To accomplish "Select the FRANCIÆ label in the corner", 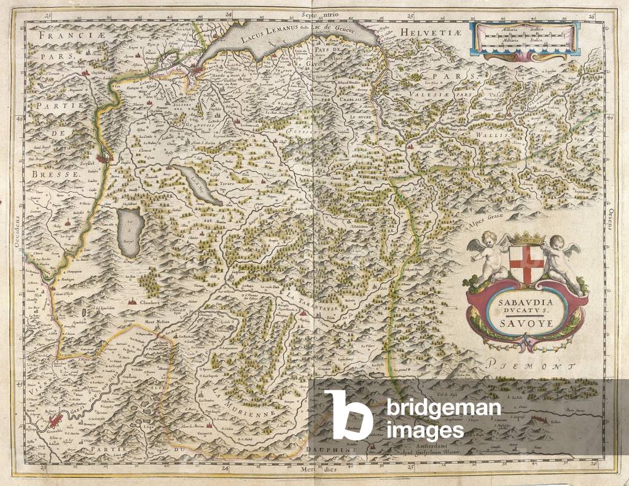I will [58, 37].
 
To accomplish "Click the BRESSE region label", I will [55, 174].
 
